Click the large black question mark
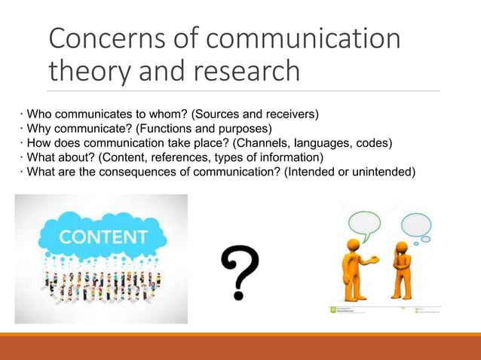click(x=240, y=273)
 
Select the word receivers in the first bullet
click(x=290, y=114)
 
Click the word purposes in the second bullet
click(x=242, y=129)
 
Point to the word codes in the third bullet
click(x=397, y=143)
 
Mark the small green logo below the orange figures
click(x=334, y=309)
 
